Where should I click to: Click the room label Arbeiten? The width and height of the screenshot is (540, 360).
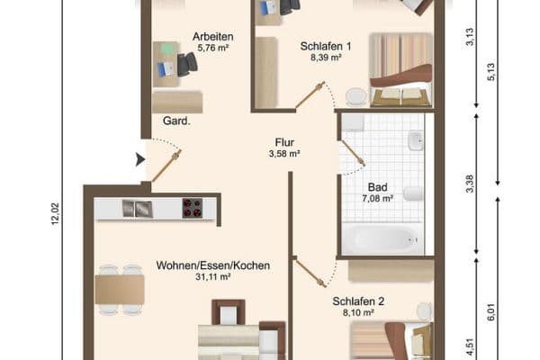[212, 37]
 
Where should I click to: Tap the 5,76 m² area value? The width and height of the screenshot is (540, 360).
[212, 48]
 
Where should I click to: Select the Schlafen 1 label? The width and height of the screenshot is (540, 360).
[325, 46]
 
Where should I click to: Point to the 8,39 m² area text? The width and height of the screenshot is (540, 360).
[325, 57]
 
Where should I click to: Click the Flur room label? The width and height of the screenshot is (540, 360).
[285, 141]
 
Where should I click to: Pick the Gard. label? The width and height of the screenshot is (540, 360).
[176, 121]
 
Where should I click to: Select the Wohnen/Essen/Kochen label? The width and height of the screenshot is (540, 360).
[213, 265]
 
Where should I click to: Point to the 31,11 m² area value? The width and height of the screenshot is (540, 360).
[213, 277]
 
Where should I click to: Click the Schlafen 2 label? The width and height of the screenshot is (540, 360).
[359, 301]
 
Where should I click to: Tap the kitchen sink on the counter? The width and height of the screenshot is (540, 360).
[137, 209]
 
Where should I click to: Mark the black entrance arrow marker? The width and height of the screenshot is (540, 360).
[139, 159]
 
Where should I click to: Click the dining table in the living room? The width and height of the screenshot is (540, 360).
[120, 289]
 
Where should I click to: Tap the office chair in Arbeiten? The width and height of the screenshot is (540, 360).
[187, 64]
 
